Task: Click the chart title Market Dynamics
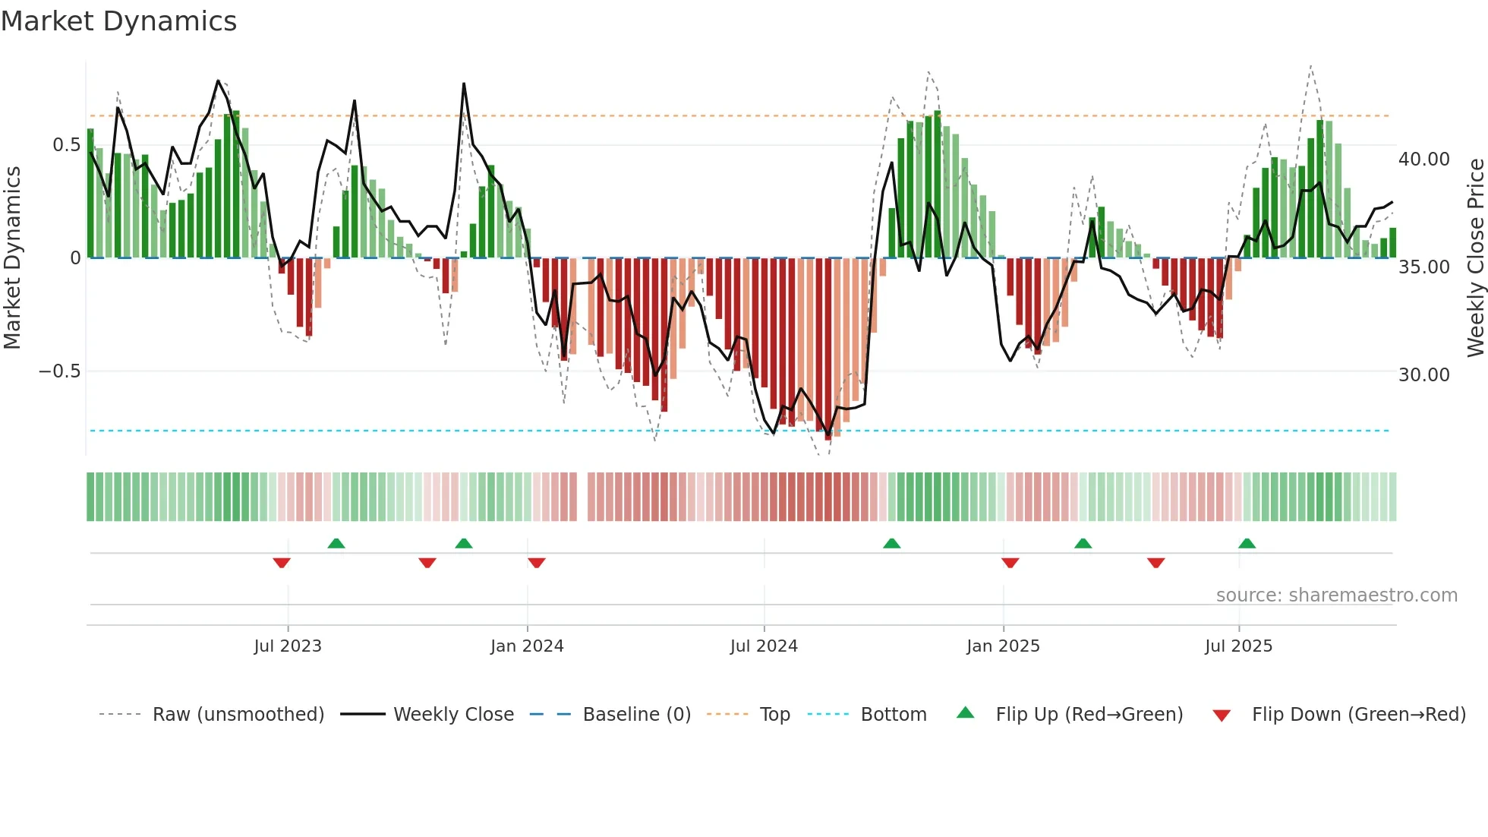[x=118, y=21]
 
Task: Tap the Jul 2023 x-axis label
[x=288, y=646]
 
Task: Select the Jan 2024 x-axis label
[x=527, y=646]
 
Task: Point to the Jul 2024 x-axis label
[x=764, y=646]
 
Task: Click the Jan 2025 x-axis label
[x=1003, y=646]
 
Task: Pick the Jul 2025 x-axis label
[x=1238, y=646]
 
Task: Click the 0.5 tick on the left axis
[x=66, y=145]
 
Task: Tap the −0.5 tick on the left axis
[x=59, y=371]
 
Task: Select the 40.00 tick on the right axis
[x=1424, y=160]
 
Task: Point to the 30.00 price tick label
[x=1424, y=375]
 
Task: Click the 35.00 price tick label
[x=1424, y=267]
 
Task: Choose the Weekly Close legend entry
[x=453, y=715]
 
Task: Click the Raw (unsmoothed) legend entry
[x=238, y=715]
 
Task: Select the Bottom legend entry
[x=893, y=715]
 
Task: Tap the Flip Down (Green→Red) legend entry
[x=1358, y=715]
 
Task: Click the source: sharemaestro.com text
[x=1336, y=595]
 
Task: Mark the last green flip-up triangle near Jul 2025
[x=1247, y=543]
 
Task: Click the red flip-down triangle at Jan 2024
[x=537, y=563]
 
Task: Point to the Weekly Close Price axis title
[x=1475, y=257]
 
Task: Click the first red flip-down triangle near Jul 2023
[x=282, y=563]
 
